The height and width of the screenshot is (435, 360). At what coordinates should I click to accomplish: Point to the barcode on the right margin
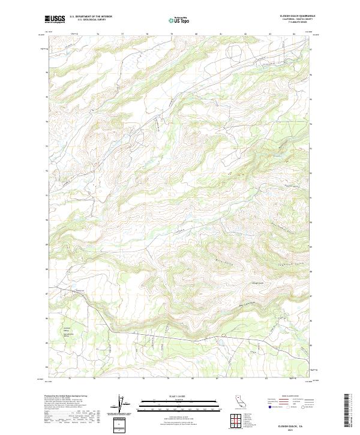coord(346,409)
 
